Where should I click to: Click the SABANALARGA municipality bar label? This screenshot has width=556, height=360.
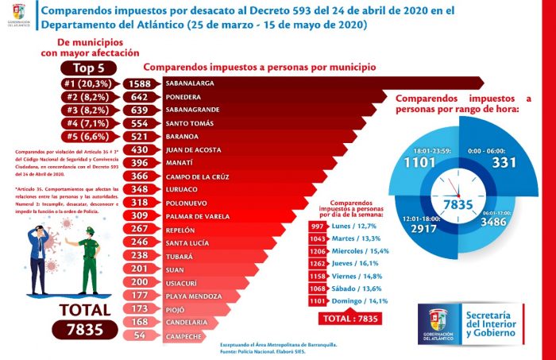pyautogui.click(x=195, y=83)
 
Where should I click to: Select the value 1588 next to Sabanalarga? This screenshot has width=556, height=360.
pyautogui.click(x=143, y=83)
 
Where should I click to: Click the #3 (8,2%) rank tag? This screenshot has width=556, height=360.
pyautogui.click(x=89, y=109)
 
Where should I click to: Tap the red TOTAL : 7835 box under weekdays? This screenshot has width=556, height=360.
pyautogui.click(x=349, y=319)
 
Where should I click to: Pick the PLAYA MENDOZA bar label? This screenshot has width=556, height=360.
pyautogui.click(x=193, y=296)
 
